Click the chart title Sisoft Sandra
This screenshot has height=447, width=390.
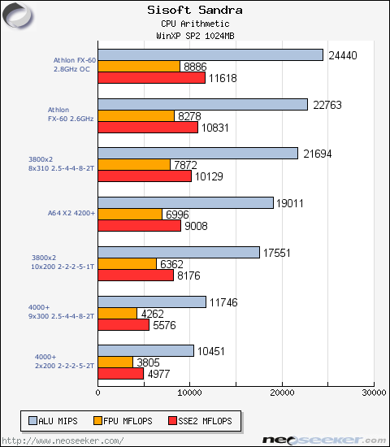click(x=194, y=11)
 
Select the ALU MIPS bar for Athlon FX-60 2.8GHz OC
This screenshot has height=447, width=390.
click(x=210, y=54)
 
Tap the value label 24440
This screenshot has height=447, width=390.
click(x=342, y=55)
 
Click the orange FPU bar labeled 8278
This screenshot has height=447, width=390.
click(x=136, y=116)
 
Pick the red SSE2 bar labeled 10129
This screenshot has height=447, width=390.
click(x=145, y=176)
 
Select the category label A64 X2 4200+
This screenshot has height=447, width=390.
click(x=71, y=213)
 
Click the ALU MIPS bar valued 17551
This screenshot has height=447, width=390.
click(x=179, y=252)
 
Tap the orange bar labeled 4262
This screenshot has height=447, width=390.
click(x=118, y=313)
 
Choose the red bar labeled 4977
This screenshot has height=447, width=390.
click(x=121, y=374)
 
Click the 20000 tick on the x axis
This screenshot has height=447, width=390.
click(x=282, y=393)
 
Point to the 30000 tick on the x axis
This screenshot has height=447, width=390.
click(x=373, y=393)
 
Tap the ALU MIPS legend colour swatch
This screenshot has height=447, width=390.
click(x=32, y=421)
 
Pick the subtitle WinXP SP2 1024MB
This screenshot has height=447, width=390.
click(x=194, y=36)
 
